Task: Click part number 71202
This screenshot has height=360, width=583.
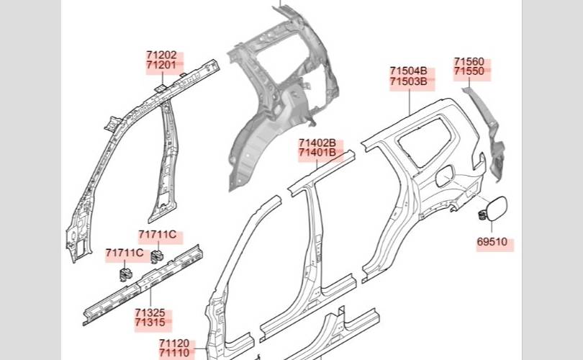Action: tap(161, 55)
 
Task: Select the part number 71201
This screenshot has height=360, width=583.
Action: tap(161, 66)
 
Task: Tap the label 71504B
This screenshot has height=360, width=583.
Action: tap(409, 71)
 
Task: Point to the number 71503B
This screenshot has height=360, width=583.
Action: tap(409, 82)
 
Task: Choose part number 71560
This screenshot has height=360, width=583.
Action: tap(469, 62)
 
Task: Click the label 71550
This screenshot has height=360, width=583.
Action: tap(469, 73)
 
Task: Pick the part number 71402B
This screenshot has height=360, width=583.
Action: tap(317, 143)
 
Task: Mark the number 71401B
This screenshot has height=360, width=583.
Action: tap(317, 153)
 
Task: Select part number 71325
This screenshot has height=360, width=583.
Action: tap(150, 313)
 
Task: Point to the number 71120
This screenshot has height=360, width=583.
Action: tap(174, 343)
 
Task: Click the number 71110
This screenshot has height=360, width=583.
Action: tap(174, 354)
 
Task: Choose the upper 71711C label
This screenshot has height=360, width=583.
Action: tap(158, 235)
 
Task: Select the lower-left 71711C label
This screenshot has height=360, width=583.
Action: tap(125, 253)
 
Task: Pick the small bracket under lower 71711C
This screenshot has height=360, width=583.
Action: tap(123, 273)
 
